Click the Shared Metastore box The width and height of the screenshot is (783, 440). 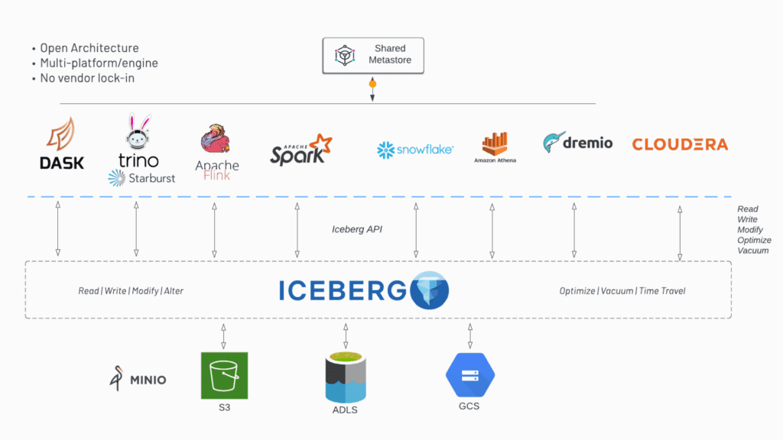pos(372,54)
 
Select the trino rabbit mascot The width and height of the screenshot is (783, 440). pos(138,131)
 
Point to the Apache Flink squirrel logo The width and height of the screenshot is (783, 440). pos(215,141)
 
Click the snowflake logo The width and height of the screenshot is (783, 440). pos(415,150)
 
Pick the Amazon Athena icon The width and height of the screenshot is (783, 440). pos(495,144)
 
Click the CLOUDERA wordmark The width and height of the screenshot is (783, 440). pos(680,144)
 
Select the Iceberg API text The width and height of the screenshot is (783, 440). pos(356,228)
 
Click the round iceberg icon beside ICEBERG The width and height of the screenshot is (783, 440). pos(430,290)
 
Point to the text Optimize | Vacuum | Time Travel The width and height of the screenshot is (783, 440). pos(622,291)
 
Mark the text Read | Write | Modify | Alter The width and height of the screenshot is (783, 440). pos(131,291)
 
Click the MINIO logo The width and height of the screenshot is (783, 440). pos(138,379)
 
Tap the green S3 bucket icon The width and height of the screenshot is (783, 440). pos(224,375)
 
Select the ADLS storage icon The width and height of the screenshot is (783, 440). pos(346,377)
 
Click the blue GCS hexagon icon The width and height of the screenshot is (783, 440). pos(469,374)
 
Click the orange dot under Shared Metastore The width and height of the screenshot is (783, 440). pos(372,82)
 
